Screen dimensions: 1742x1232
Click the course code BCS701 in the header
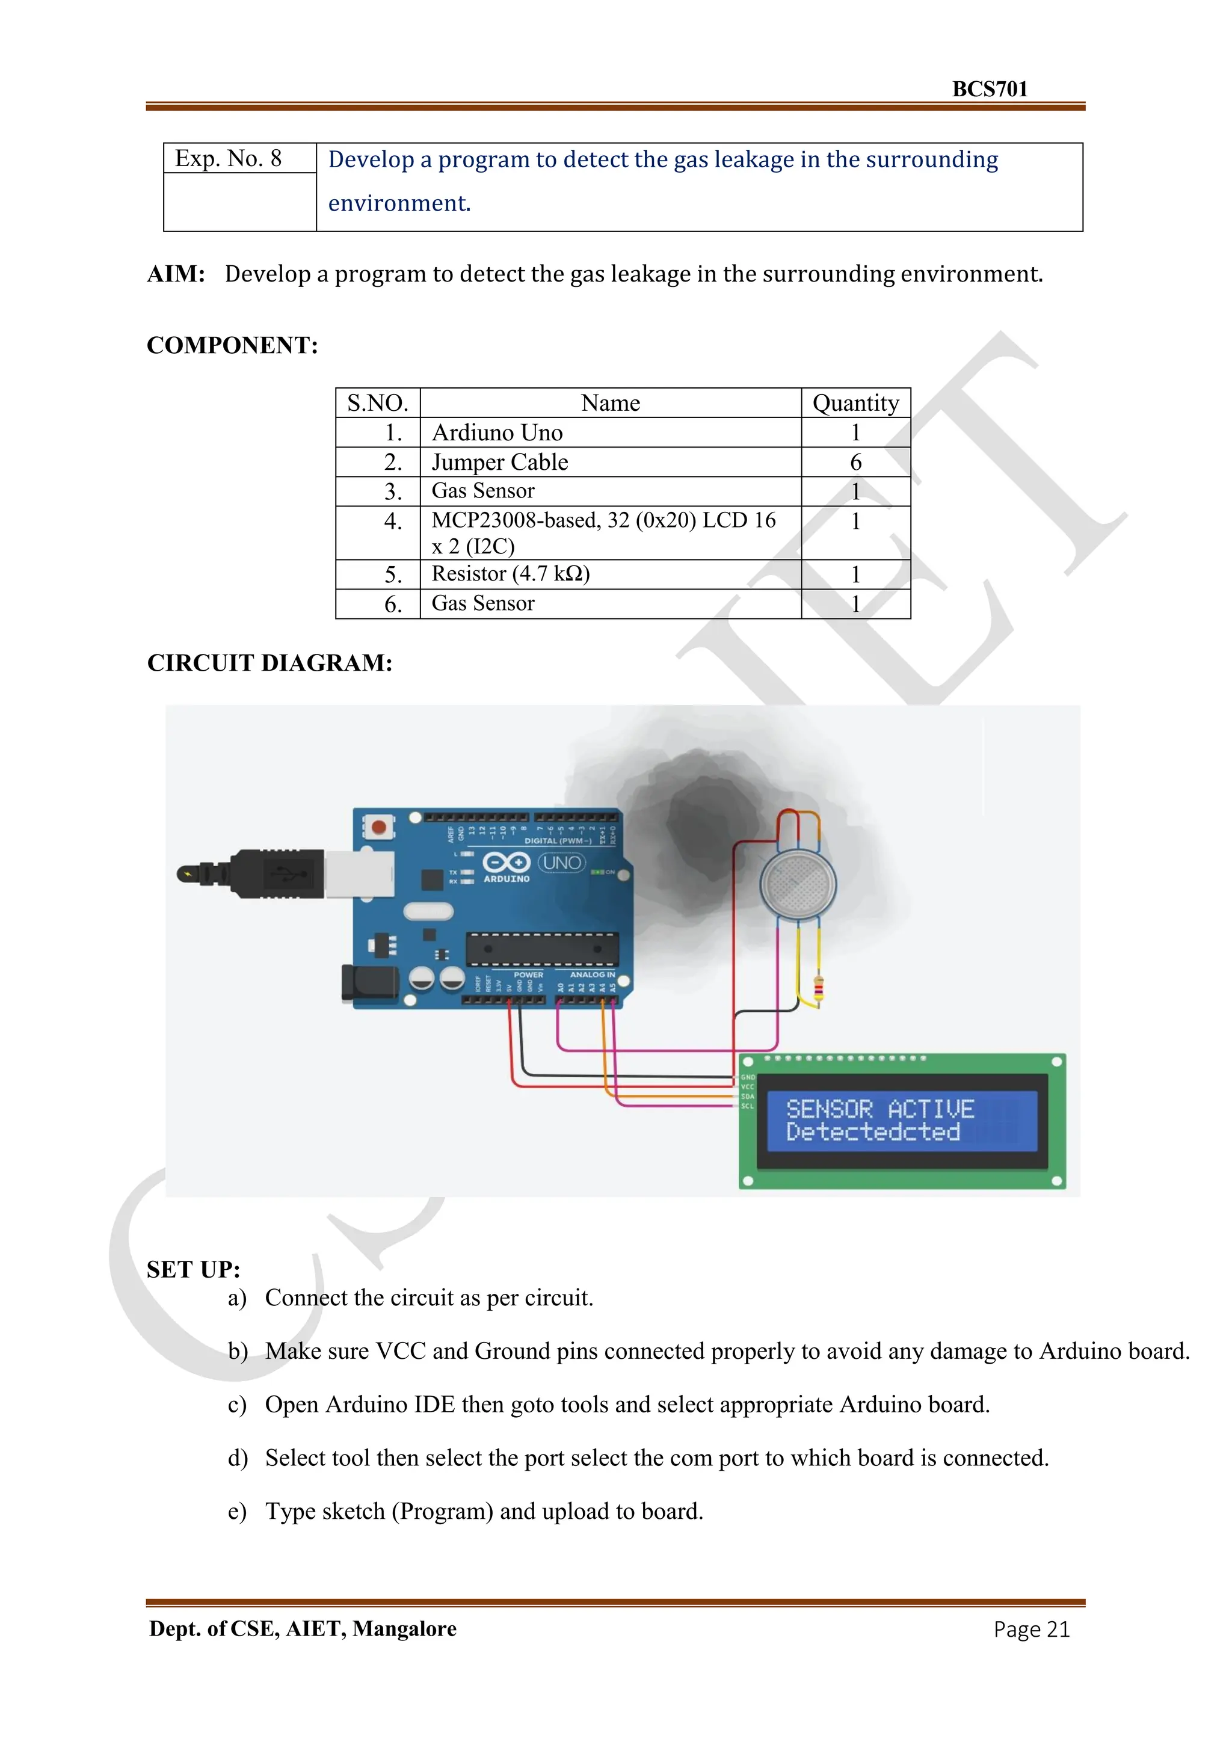(x=989, y=89)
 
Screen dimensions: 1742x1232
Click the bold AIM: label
(x=176, y=273)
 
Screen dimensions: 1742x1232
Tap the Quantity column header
(x=855, y=403)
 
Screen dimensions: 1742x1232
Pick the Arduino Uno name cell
(x=497, y=432)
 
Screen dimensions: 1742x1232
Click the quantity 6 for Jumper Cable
(x=855, y=462)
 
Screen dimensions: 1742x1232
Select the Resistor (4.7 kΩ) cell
(x=511, y=574)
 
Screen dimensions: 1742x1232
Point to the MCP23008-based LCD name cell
(x=603, y=532)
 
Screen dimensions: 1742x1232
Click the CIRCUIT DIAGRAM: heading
(x=269, y=662)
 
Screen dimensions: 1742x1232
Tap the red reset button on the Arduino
(x=378, y=827)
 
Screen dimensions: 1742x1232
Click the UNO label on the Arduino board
(x=561, y=863)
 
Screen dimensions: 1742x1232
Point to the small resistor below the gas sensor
(x=818, y=989)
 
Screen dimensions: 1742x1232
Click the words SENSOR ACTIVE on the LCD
(x=879, y=1109)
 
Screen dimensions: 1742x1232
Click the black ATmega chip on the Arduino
(x=541, y=949)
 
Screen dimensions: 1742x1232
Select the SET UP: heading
(x=194, y=1269)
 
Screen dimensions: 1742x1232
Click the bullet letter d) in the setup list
(x=238, y=1457)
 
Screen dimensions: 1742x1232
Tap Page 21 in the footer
(x=1031, y=1629)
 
